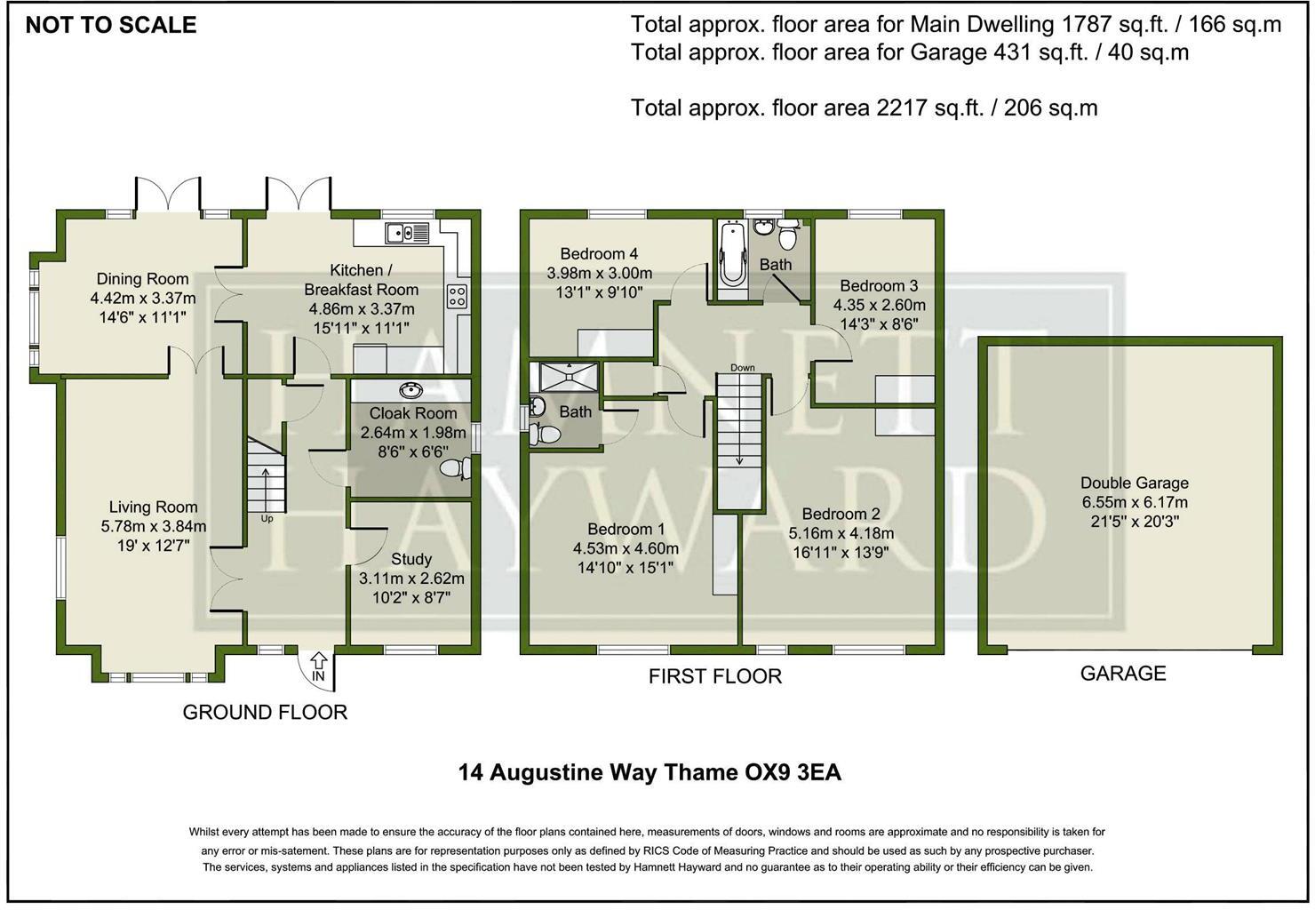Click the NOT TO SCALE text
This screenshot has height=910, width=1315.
[x=110, y=25]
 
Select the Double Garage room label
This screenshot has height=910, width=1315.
[x=1134, y=483]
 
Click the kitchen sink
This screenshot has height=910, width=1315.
[x=407, y=233]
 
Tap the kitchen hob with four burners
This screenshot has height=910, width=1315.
[x=458, y=295]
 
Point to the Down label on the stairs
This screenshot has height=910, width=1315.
[x=742, y=367]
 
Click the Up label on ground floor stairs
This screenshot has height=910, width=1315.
[x=267, y=518]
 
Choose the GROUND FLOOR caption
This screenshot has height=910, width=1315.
[x=265, y=712]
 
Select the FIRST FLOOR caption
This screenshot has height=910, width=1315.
[x=714, y=676]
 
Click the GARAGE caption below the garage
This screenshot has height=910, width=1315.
[x=1122, y=674]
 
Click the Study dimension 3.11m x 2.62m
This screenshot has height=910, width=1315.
[x=411, y=579]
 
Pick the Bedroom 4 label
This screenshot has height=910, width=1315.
[x=599, y=254]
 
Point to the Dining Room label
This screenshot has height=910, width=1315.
[x=142, y=279]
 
